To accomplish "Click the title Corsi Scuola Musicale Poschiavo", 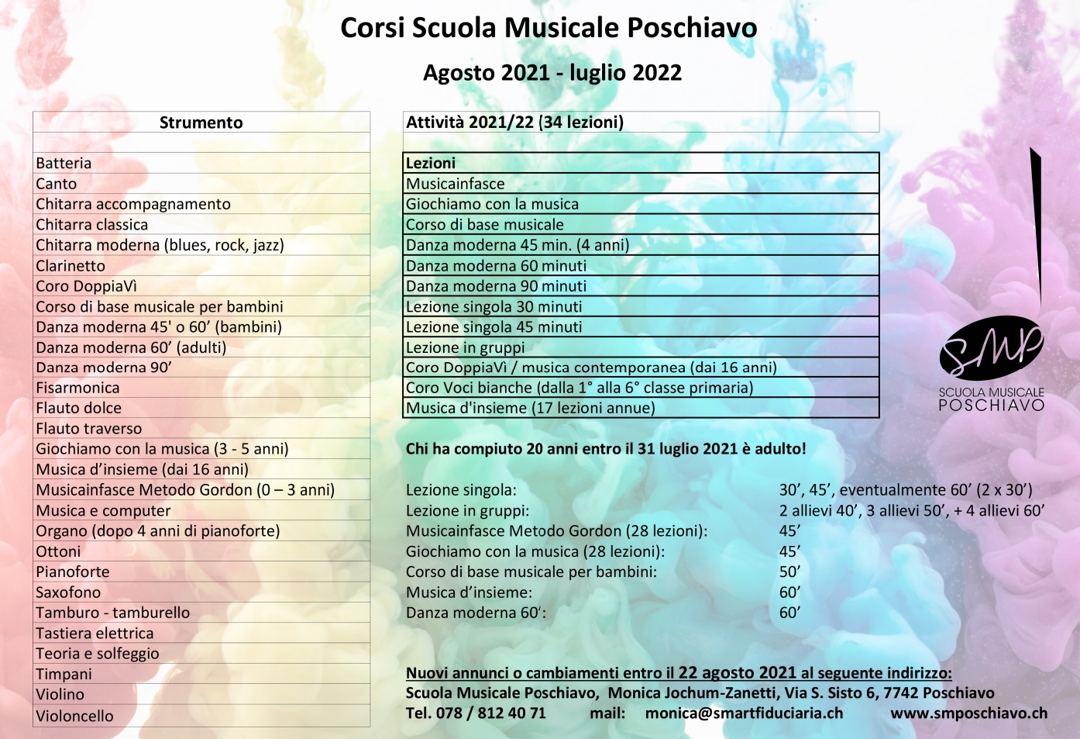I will click(549, 28).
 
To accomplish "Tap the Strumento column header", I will click(201, 123).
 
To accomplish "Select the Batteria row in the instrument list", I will click(64, 164).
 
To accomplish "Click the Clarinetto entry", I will click(71, 266).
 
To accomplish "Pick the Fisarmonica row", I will click(77, 388).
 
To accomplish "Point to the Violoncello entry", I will click(74, 716).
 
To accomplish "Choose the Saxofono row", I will click(68, 592).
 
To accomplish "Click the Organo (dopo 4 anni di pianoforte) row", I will click(158, 531).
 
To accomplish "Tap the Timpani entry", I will click(64, 674).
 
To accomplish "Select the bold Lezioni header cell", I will click(431, 163).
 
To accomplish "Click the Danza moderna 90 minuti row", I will click(497, 286).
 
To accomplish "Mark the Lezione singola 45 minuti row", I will click(494, 327).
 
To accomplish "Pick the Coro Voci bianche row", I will click(580, 388).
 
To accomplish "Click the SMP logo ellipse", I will click(991, 348).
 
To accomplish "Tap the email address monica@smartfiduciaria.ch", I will click(744, 713).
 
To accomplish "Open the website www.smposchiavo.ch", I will click(968, 713).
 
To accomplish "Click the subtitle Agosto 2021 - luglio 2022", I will click(552, 73).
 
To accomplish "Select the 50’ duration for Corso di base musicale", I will click(789, 572).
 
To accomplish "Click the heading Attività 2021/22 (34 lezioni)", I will click(515, 123).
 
